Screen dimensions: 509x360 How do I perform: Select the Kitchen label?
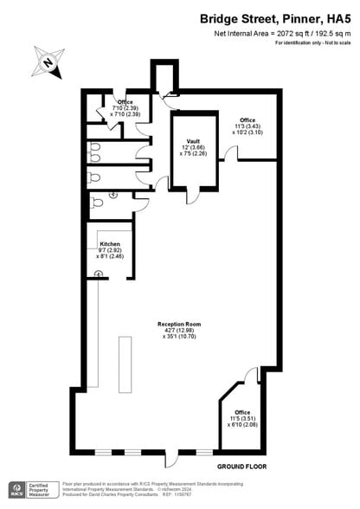[109, 245]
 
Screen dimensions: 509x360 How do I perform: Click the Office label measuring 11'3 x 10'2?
[247, 119]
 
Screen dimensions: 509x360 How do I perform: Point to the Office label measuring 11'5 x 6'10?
[242, 412]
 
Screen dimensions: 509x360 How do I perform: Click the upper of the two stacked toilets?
[96, 148]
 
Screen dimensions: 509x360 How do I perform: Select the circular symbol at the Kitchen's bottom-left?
[99, 274]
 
